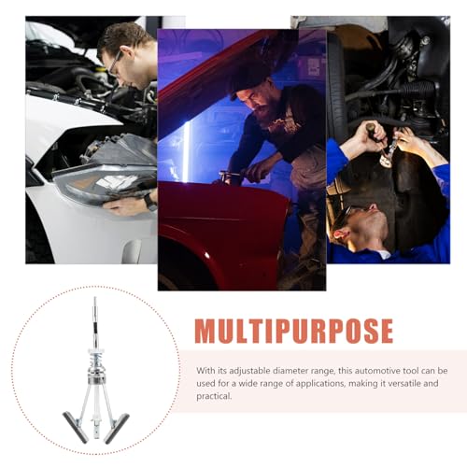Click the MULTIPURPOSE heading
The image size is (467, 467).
click(293, 331)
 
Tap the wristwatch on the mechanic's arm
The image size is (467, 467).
click(149, 202)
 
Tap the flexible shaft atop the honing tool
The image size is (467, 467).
click(98, 318)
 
